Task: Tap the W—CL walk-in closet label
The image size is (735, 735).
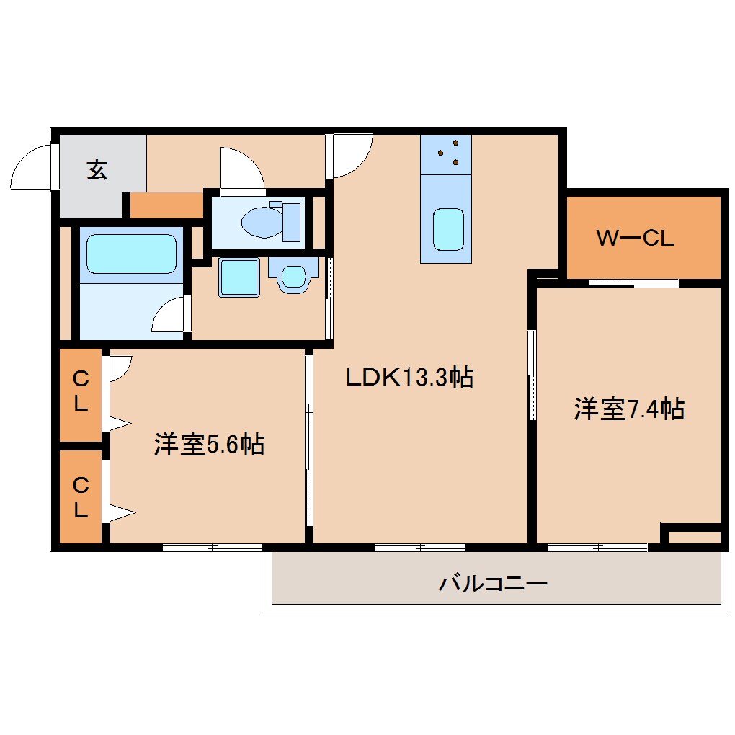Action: point(635,239)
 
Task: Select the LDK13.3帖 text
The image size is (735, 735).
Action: point(409,377)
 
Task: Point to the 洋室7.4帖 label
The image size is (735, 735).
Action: point(628,409)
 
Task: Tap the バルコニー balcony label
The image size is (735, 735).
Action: point(494,582)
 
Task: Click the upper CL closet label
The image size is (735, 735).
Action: point(81,391)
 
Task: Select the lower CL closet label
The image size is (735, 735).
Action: point(81,498)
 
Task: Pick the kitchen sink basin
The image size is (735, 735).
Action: point(448,229)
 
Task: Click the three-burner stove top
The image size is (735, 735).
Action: point(447,154)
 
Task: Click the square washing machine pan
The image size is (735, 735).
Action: point(239,277)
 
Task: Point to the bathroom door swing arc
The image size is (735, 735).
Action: point(169,315)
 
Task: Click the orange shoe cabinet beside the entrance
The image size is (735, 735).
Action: point(166,206)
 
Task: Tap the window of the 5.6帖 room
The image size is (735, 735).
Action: point(212,548)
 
